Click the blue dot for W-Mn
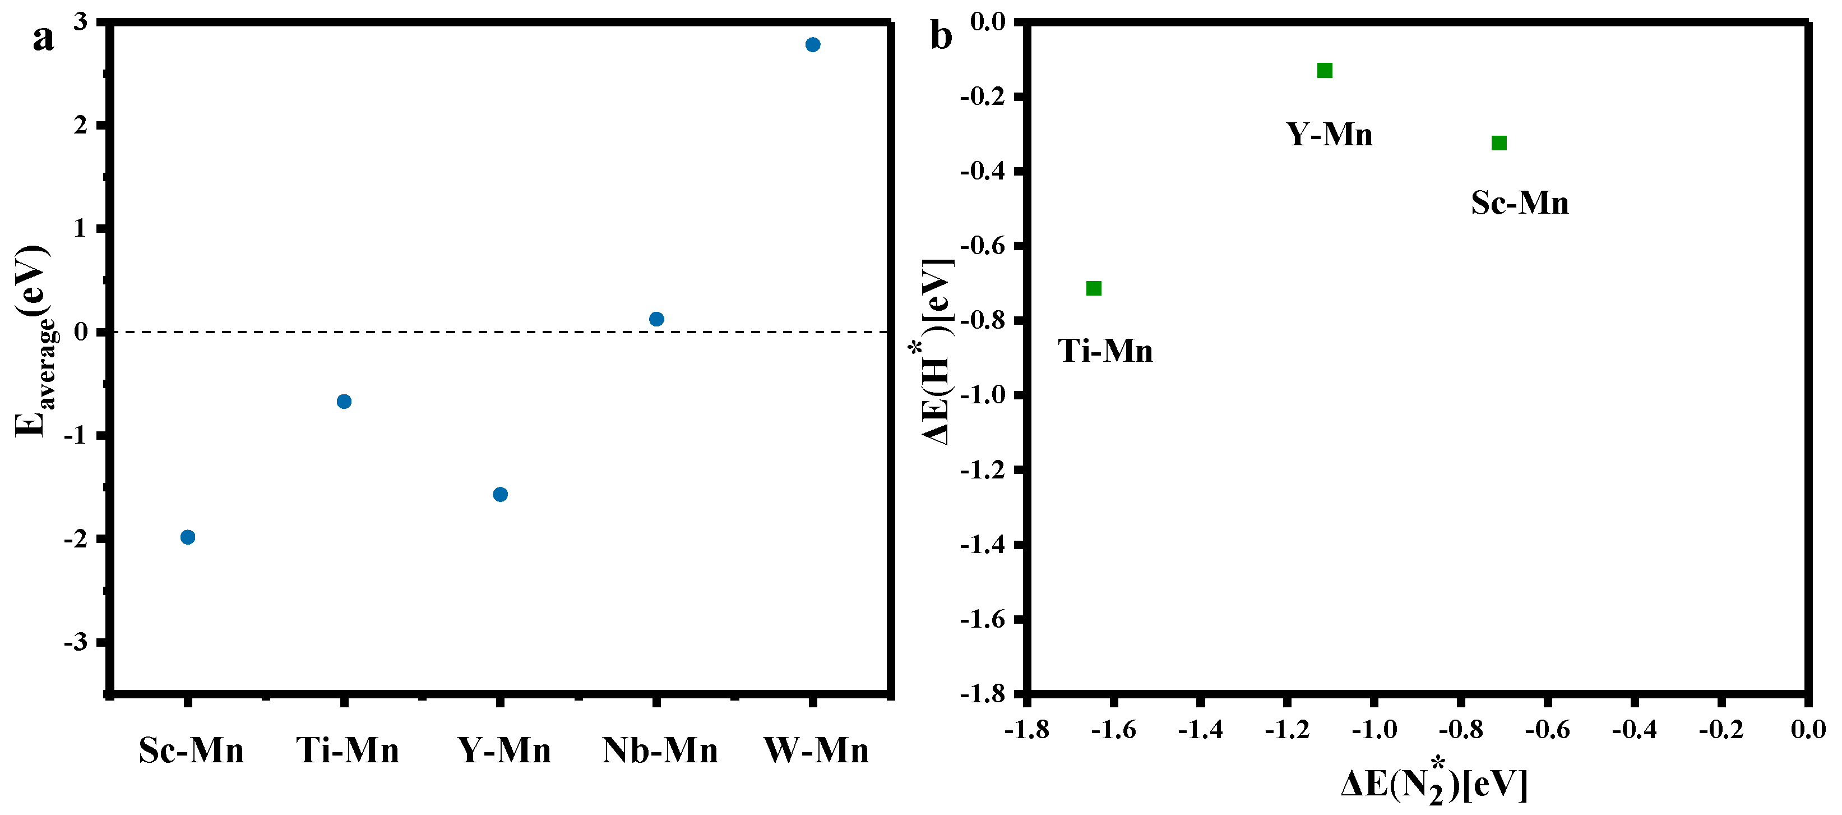pos(812,45)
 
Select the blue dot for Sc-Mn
pos(188,537)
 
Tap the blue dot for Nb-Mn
pos(656,319)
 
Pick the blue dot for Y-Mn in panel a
pos(501,494)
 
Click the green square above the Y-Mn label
pos(1324,70)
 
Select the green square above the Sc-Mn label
pos(1499,143)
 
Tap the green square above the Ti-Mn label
pos(1093,288)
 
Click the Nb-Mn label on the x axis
pos(660,750)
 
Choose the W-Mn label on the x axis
pos(816,750)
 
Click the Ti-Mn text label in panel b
pos(1105,351)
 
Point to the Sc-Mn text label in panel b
pos(1520,203)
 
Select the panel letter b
pos(941,36)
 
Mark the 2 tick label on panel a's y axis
pos(81,125)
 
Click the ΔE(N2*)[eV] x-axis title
pos(1434,785)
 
